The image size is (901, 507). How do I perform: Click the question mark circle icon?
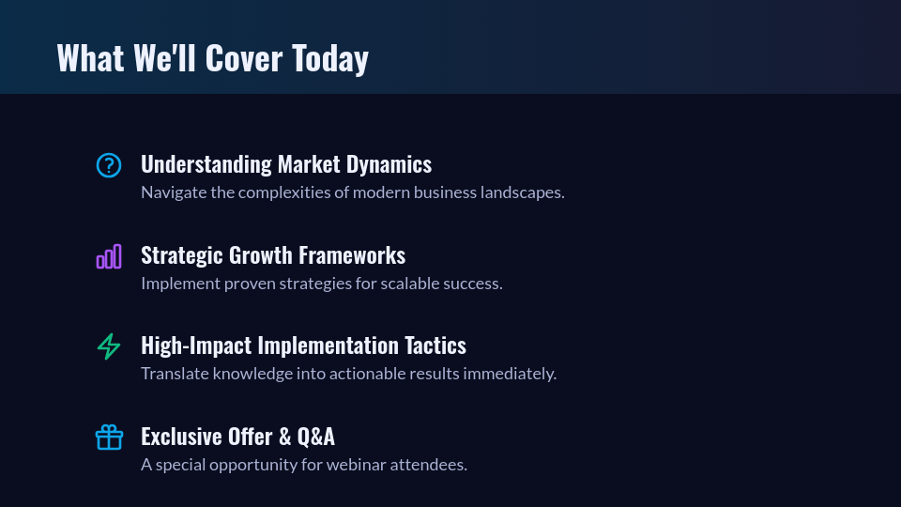109,165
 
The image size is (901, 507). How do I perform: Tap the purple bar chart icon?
109,256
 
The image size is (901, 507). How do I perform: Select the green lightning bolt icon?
109,346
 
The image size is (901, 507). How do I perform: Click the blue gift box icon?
109,438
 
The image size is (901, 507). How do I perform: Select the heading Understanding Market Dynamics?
286,164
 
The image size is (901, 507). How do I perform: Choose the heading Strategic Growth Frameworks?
273,255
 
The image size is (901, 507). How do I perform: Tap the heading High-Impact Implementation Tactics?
303,346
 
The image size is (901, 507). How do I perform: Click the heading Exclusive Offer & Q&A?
237,437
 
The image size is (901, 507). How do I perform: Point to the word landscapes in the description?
520,192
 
